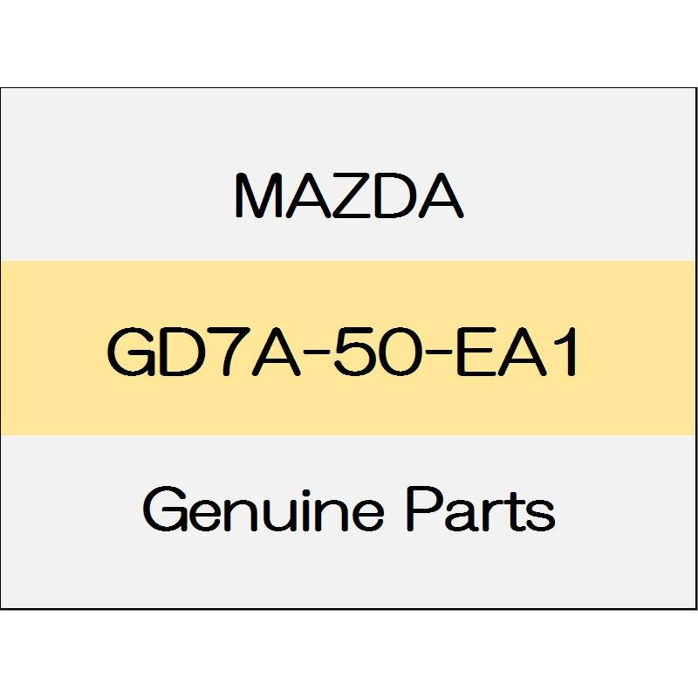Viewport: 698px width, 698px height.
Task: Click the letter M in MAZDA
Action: tap(258, 195)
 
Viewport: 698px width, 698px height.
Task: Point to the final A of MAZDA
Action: tap(439, 195)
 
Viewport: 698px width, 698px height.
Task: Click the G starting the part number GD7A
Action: tap(129, 352)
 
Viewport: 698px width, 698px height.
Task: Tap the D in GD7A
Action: tap(181, 352)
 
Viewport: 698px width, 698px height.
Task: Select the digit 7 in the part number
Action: tap(226, 352)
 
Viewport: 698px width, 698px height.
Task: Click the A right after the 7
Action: tap(271, 352)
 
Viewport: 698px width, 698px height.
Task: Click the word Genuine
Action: tap(263, 512)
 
